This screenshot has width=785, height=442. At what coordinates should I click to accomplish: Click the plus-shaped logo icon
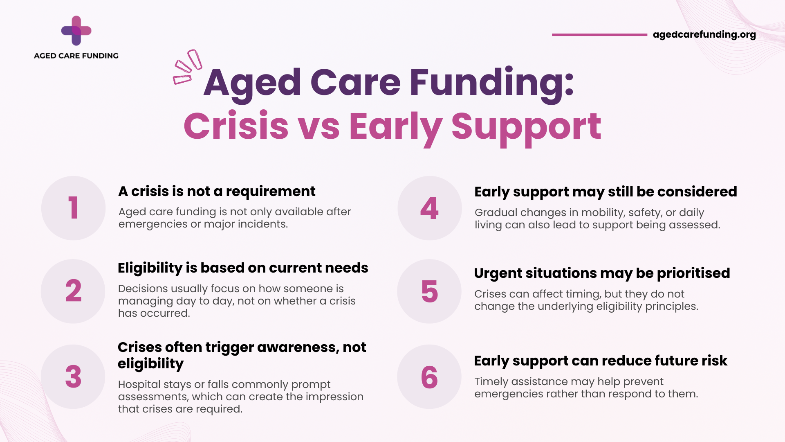pos(76,31)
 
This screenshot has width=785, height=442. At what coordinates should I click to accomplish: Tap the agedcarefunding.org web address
pos(704,35)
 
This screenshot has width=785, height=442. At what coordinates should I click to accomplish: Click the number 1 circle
pos(74,208)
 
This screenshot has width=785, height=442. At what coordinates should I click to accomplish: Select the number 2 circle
pos(73,291)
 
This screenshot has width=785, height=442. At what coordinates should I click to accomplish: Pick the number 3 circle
pos(73,377)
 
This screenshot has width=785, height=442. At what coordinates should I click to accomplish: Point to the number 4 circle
pos(430,208)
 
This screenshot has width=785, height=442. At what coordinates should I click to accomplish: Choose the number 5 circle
pos(429,291)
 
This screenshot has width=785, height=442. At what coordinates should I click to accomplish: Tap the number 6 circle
pos(429,377)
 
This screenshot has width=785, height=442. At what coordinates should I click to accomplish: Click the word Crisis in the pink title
pos(236,126)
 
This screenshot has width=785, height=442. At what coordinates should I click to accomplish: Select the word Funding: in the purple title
pos(492,83)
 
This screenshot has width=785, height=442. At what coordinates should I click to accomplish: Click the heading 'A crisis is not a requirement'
pos(217,191)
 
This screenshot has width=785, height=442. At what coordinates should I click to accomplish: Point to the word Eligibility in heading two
pos(150,268)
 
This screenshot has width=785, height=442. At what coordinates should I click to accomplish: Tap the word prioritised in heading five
pos(693,273)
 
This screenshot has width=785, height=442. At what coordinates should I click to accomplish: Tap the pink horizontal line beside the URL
pos(599,35)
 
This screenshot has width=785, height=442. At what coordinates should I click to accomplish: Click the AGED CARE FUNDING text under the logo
pos(76,56)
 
